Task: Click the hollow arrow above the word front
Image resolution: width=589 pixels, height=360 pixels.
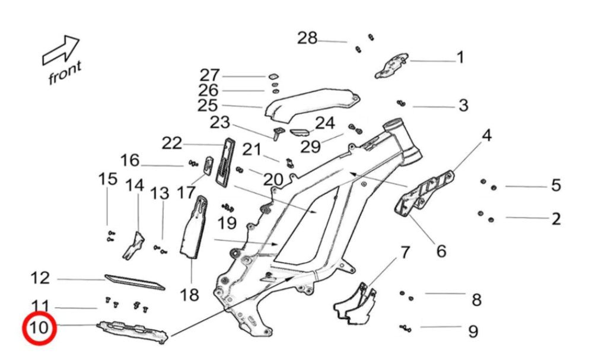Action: pyautogui.click(x=61, y=50)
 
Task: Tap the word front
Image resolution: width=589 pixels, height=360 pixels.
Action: pyautogui.click(x=65, y=73)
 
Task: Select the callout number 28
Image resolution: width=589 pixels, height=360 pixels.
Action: pyautogui.click(x=307, y=39)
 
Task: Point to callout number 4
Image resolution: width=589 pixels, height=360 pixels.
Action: pyautogui.click(x=486, y=136)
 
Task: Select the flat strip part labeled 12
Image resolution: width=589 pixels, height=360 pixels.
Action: pyautogui.click(x=134, y=282)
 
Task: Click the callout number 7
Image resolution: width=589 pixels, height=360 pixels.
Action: pyautogui.click(x=405, y=253)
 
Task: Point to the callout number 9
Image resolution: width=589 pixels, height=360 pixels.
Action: pyautogui.click(x=473, y=331)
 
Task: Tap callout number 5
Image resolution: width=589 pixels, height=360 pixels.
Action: pyautogui.click(x=556, y=186)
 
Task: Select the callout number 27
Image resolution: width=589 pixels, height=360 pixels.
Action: pyautogui.click(x=209, y=75)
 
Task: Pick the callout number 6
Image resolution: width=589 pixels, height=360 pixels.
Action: pyautogui.click(x=441, y=251)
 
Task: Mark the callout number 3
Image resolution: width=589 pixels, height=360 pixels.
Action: pyautogui.click(x=463, y=106)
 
